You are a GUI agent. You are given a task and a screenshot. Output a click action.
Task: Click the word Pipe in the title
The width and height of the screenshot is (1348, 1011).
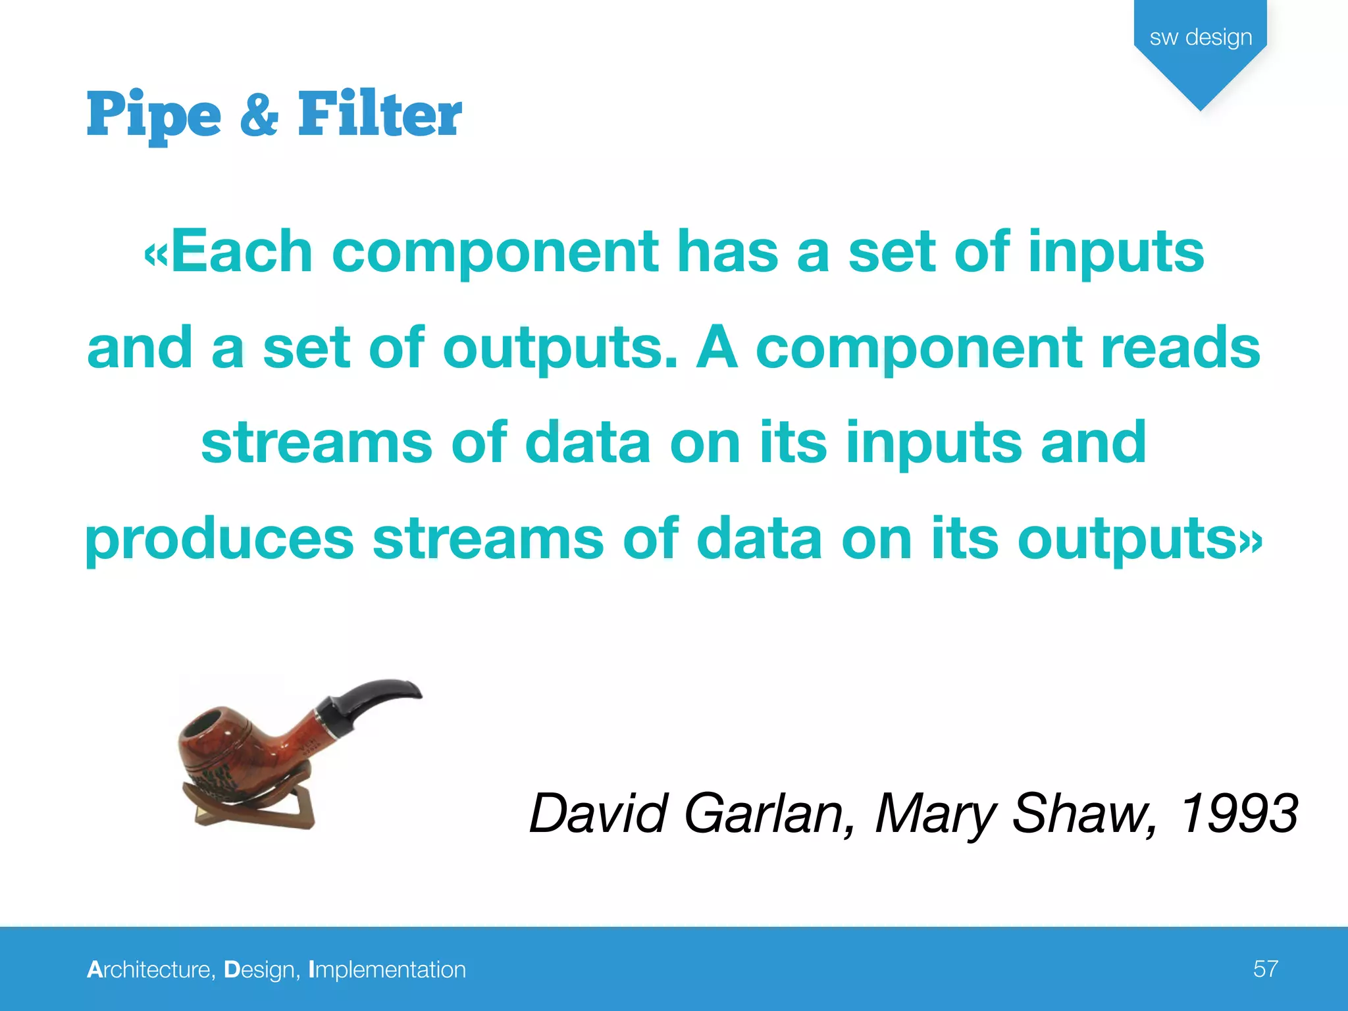click(153, 115)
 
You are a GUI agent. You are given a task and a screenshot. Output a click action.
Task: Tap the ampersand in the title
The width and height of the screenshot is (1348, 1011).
click(259, 115)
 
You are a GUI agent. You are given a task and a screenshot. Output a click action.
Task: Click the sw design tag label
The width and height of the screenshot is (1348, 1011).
click(1201, 37)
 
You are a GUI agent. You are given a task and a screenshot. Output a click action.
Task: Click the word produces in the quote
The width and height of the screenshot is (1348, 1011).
click(220, 540)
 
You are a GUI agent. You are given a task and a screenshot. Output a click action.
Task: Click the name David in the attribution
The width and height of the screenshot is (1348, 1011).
click(599, 814)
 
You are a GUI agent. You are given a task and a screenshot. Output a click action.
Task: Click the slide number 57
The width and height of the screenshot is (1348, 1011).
click(1265, 969)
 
